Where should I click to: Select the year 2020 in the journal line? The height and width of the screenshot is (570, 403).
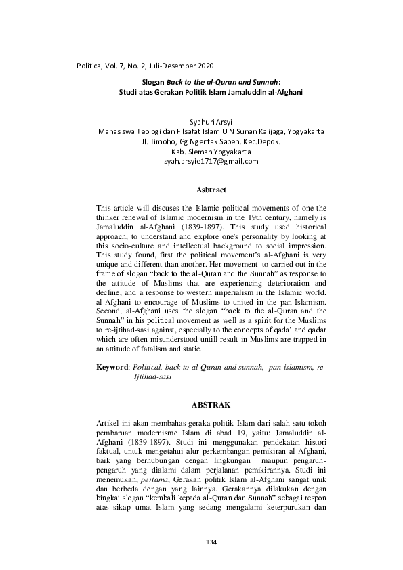coord(205,66)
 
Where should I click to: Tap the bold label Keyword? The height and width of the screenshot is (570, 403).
coord(112,366)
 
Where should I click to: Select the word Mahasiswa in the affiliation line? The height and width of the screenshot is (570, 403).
coord(117,133)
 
